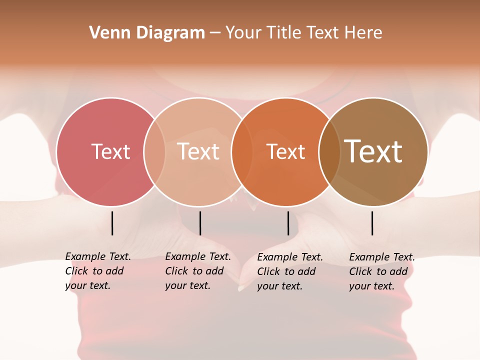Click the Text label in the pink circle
click(x=110, y=151)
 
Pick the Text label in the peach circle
click(x=198, y=151)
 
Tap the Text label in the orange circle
click(x=285, y=151)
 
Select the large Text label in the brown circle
click(x=373, y=151)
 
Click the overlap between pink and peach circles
click(x=154, y=151)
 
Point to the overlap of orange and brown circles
click(x=329, y=151)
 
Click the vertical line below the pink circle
click(x=112, y=223)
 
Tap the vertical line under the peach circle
click(x=200, y=223)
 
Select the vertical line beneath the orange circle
click(x=288, y=223)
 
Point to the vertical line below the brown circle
click(x=372, y=223)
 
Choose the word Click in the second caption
click(x=176, y=271)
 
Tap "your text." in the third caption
click(x=280, y=286)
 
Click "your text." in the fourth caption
click(x=372, y=286)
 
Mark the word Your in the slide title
click(x=243, y=33)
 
